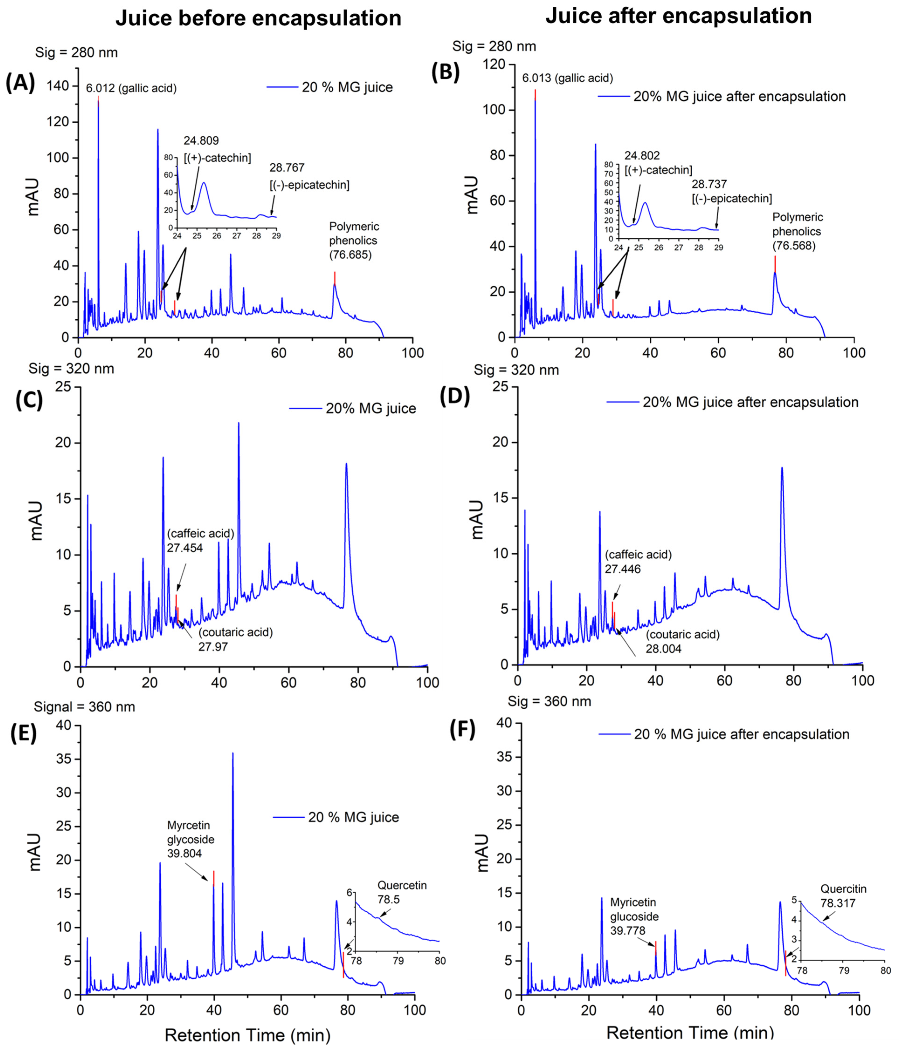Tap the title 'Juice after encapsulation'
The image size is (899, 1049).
[679, 16]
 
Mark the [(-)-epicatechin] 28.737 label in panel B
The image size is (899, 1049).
[731, 191]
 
